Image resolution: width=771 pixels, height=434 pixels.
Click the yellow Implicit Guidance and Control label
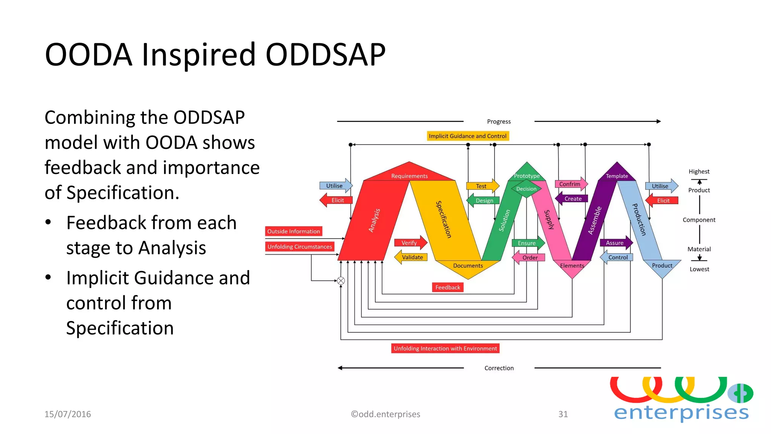click(x=468, y=136)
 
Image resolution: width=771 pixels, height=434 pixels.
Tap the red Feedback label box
click(x=448, y=287)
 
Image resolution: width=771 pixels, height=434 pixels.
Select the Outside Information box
click(x=294, y=231)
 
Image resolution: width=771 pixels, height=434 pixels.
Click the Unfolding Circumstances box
click(x=300, y=247)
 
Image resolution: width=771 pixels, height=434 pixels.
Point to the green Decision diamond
click(x=526, y=189)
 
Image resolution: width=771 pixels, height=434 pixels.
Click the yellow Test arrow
click(x=482, y=186)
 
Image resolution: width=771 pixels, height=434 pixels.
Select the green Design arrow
click(x=483, y=200)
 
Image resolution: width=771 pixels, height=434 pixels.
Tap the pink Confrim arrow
click(x=570, y=184)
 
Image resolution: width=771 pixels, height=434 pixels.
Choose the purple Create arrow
click(x=572, y=199)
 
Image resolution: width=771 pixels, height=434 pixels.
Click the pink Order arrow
click(x=529, y=258)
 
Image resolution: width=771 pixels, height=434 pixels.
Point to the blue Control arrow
click(x=617, y=258)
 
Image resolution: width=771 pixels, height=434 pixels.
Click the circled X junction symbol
click(x=341, y=281)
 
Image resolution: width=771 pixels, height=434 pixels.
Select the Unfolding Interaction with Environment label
click(x=445, y=348)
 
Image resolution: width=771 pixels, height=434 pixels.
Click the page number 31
click(x=563, y=414)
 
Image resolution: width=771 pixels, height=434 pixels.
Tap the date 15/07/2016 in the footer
click(x=68, y=414)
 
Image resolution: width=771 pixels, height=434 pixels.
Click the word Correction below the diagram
click(x=499, y=368)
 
